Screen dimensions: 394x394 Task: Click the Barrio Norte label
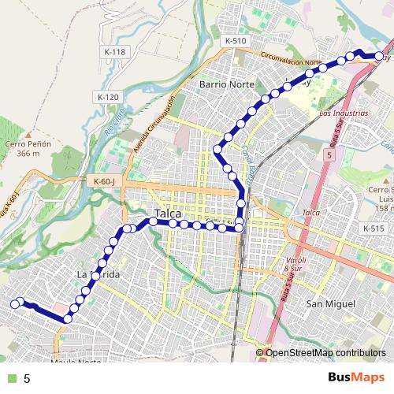(225, 83)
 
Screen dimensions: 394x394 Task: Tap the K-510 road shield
(235, 40)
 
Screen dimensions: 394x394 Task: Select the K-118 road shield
(114, 52)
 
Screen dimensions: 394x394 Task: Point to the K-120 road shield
(108, 97)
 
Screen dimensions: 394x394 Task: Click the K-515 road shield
(374, 228)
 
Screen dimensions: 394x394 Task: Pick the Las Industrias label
(344, 113)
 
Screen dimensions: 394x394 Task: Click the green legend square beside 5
(11, 378)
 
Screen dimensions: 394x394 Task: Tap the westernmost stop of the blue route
(14, 303)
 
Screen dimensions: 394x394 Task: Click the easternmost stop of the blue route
(379, 56)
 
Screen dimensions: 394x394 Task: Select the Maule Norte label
(76, 362)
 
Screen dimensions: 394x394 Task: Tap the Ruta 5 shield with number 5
(328, 157)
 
